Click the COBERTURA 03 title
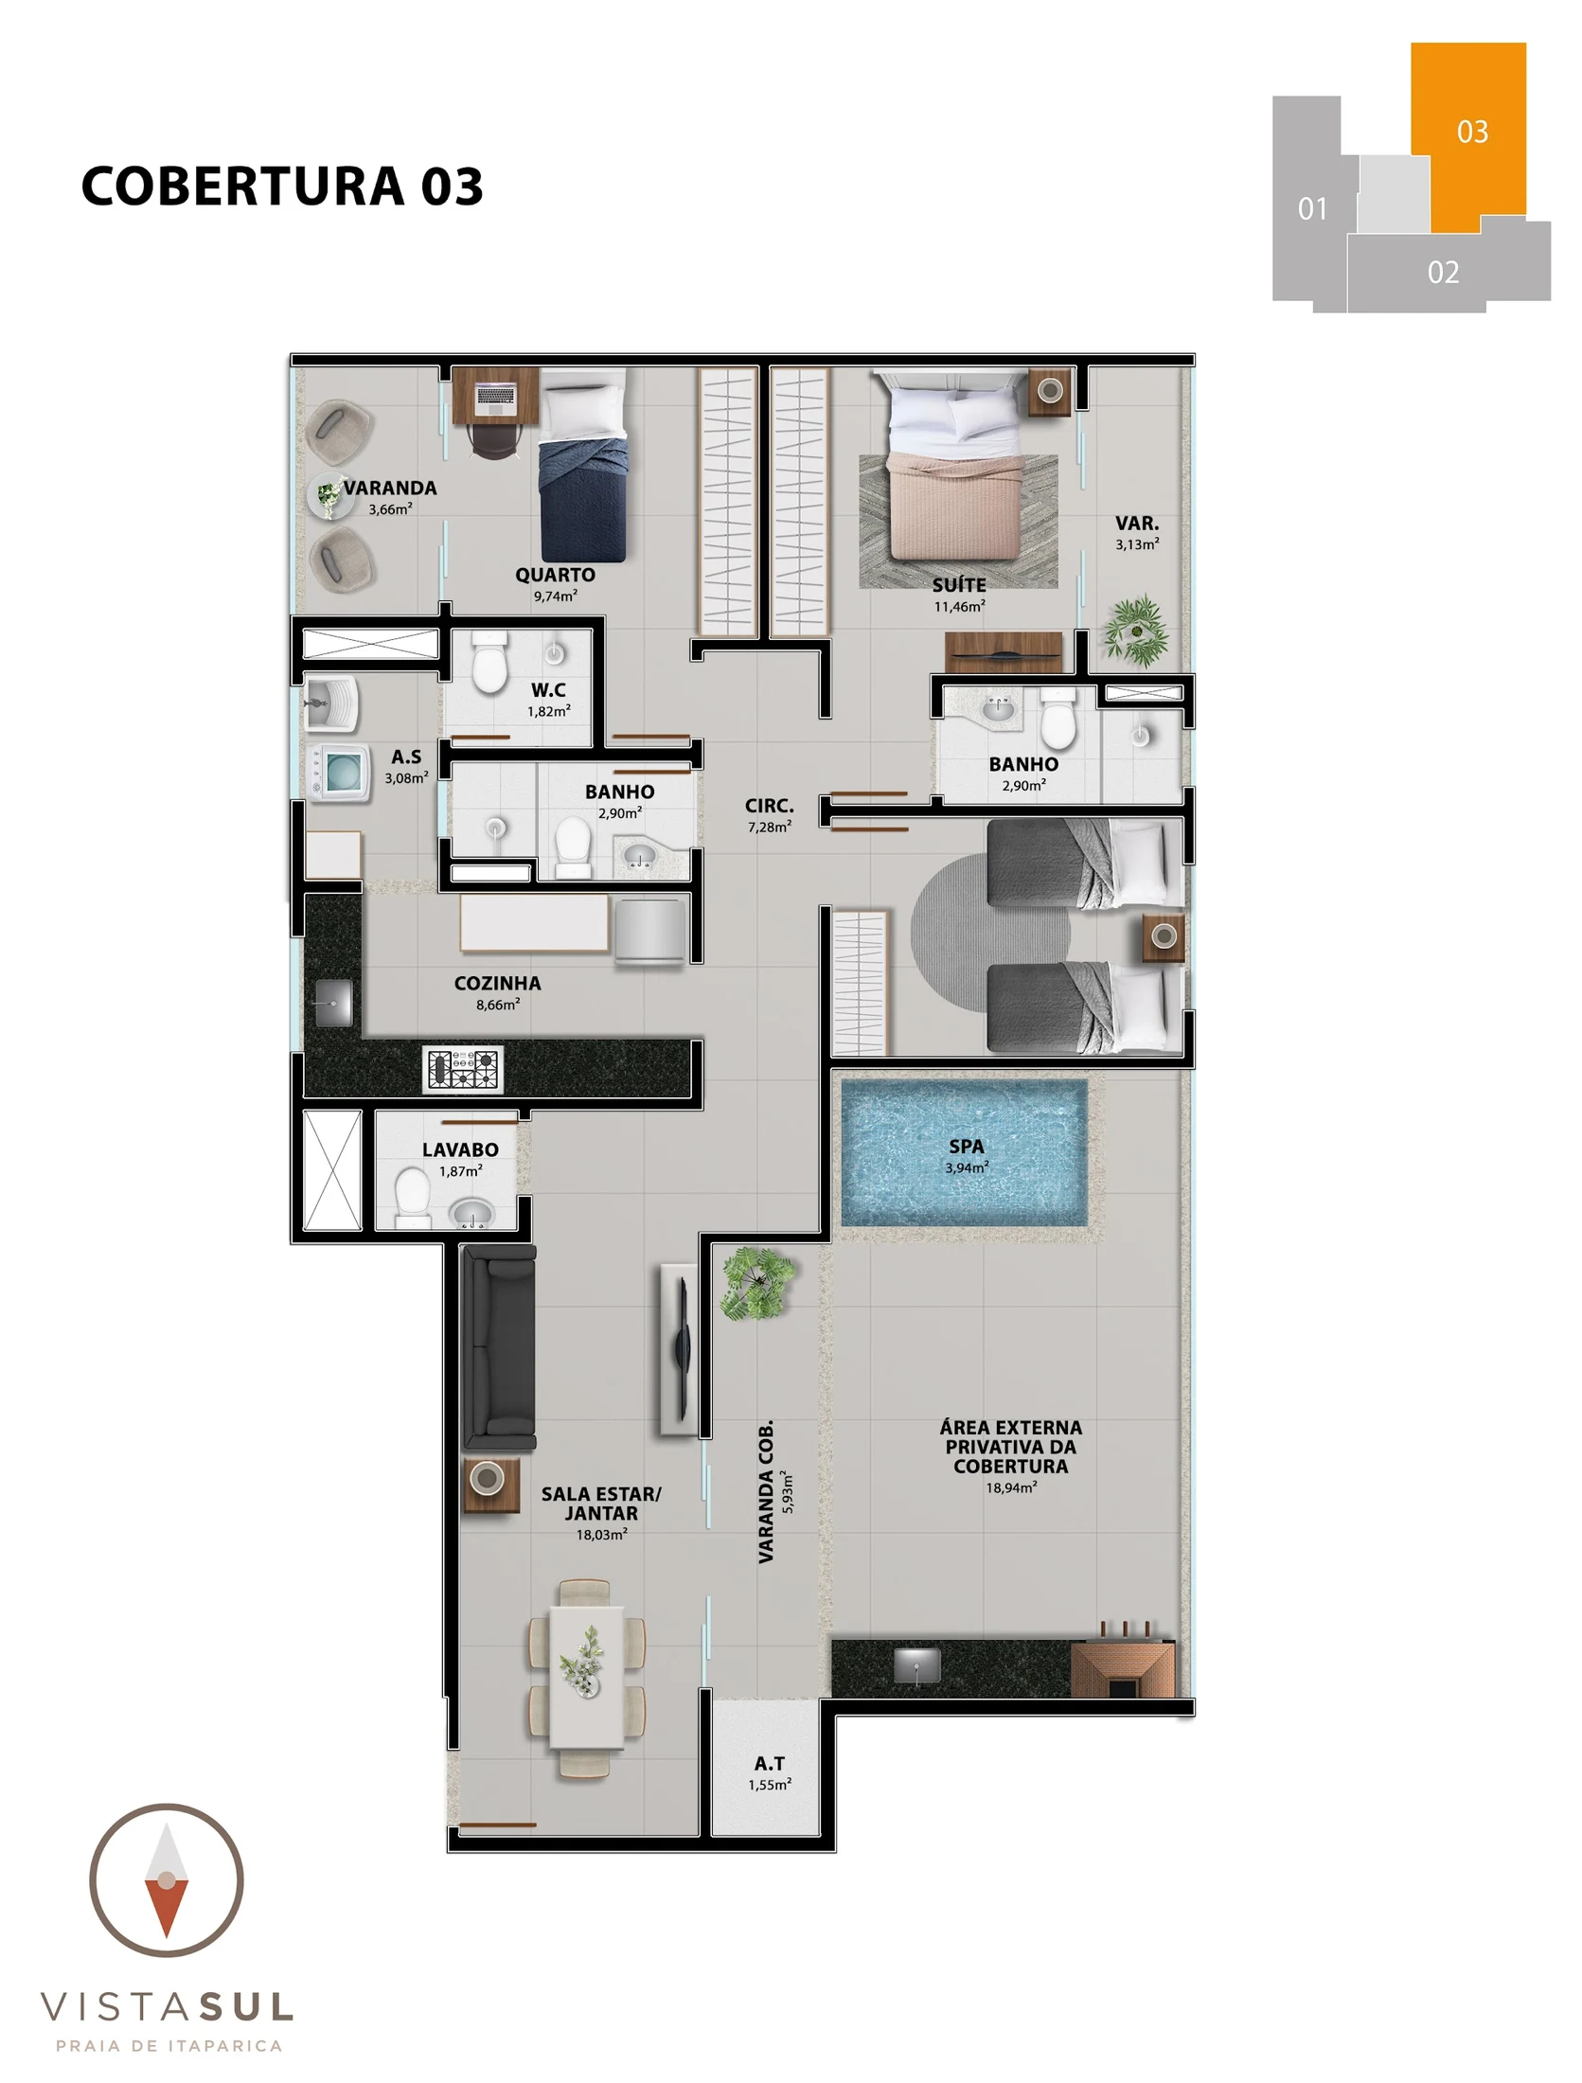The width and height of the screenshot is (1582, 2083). pos(282,186)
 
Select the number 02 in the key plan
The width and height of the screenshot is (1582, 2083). pos(1443,273)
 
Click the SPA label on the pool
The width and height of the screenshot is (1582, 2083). pos(966,1147)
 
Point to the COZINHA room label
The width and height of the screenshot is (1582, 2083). pos(497,984)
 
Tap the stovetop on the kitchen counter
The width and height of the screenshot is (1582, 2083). pos(462,1070)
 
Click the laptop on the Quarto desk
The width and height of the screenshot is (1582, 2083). pos(495,395)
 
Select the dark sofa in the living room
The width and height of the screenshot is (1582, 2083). pos(498,1347)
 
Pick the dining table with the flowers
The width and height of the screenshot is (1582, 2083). pos(587,1679)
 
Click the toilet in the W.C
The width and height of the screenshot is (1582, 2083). pos(489,663)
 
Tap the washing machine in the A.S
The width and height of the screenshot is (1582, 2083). pos(340,772)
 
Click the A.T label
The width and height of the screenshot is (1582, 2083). pos(769,1764)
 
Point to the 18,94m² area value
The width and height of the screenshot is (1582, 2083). pos(1011,1487)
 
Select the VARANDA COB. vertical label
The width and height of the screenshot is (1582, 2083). pos(766,1491)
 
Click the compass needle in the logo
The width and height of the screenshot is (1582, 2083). pos(167,1880)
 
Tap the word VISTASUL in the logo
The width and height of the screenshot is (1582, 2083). pos(168,2006)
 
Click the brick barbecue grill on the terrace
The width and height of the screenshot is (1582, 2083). pos(1123,1670)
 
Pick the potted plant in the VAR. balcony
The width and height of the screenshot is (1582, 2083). pos(1135,630)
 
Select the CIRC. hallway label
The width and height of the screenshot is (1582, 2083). pos(769,806)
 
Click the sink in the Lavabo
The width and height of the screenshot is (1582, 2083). pos(471,1213)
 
